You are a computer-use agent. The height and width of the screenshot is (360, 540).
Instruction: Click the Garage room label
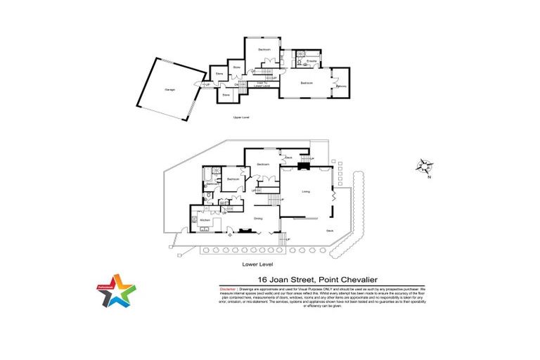point(169,90)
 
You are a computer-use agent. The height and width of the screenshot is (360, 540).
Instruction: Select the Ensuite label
point(311,63)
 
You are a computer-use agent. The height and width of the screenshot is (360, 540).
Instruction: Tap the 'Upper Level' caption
point(241,117)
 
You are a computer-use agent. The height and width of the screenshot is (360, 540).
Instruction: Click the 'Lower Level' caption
point(256,264)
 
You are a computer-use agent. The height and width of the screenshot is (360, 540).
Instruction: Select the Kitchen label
point(205,221)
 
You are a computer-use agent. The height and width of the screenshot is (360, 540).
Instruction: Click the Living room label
point(306,191)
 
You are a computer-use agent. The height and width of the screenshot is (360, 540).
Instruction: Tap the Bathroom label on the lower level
point(211,184)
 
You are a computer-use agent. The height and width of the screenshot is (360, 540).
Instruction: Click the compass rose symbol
point(425,166)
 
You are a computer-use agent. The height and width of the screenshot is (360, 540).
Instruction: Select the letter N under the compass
point(429,177)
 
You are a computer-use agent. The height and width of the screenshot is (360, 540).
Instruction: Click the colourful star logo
point(117,290)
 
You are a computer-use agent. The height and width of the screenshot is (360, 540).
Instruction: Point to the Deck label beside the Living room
point(330,231)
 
